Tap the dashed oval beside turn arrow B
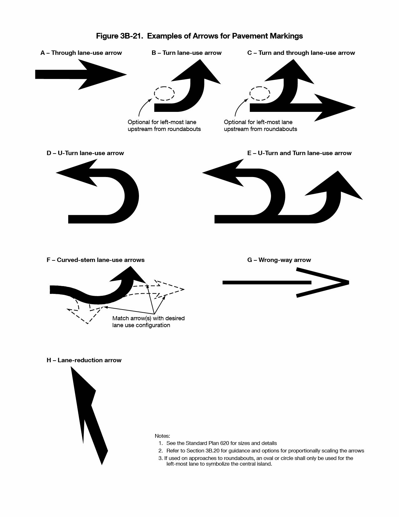164,93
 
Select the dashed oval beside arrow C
260,93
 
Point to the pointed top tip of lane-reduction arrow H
71,367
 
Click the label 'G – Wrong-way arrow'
279,260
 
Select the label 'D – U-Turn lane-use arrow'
85,153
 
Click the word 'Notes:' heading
162,436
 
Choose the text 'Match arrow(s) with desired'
148,318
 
